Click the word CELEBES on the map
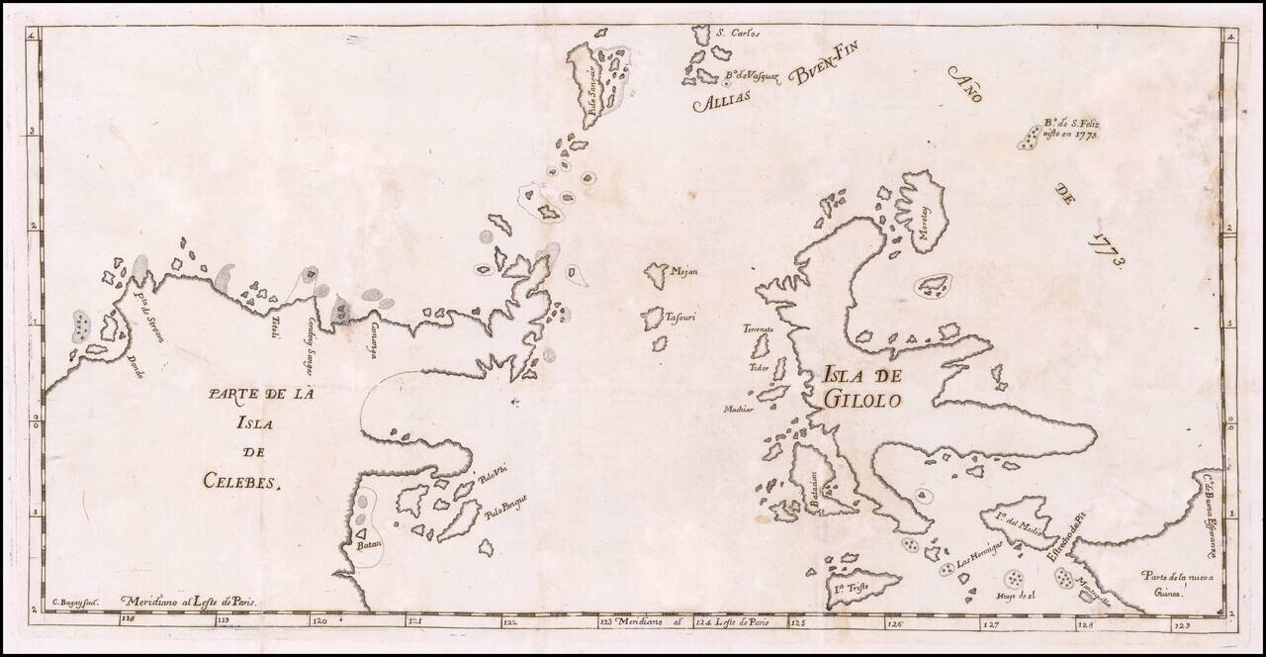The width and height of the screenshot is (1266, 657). coord(241,482)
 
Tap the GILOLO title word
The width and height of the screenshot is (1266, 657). coord(859,401)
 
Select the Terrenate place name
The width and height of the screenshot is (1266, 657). coord(761,328)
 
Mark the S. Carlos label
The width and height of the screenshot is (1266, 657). coord(737,34)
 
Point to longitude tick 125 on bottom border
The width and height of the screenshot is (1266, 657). coord(797,622)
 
